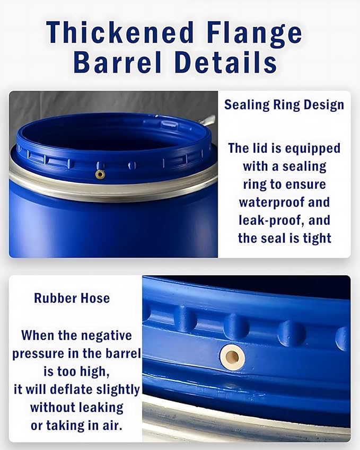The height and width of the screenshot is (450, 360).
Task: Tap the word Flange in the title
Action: click(258, 33)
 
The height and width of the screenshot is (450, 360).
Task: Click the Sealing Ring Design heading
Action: click(284, 104)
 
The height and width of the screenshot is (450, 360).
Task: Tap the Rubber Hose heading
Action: click(72, 298)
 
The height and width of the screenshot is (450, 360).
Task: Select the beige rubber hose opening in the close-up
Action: click(232, 356)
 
